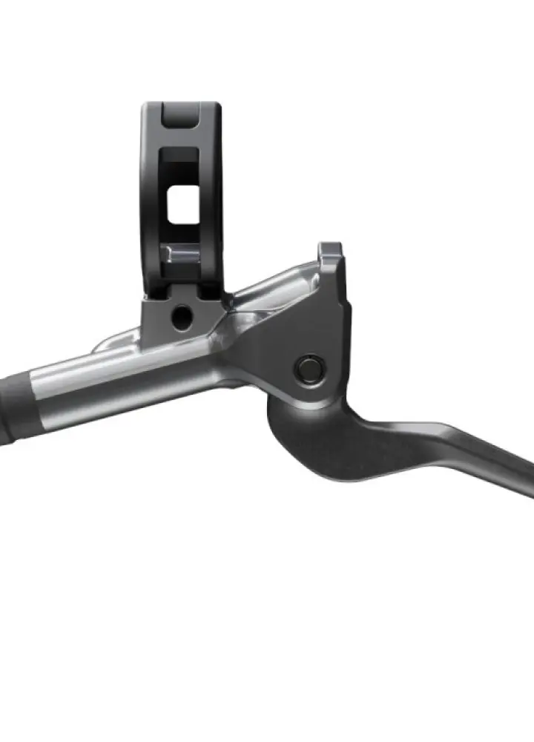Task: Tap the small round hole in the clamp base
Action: pyautogui.click(x=179, y=318)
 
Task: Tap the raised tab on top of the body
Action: pyautogui.click(x=331, y=252)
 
